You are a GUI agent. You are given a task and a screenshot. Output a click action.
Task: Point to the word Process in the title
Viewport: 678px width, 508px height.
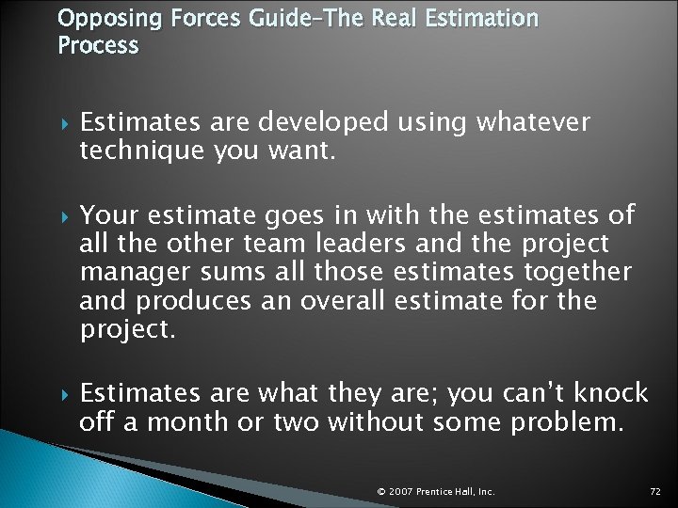coord(98,45)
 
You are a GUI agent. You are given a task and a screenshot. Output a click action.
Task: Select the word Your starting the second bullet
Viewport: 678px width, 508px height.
coord(106,215)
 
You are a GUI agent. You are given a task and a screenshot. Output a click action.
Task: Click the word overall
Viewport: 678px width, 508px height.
coord(342,302)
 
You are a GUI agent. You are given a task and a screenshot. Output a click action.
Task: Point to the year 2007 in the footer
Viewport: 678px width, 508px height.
coord(401,492)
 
